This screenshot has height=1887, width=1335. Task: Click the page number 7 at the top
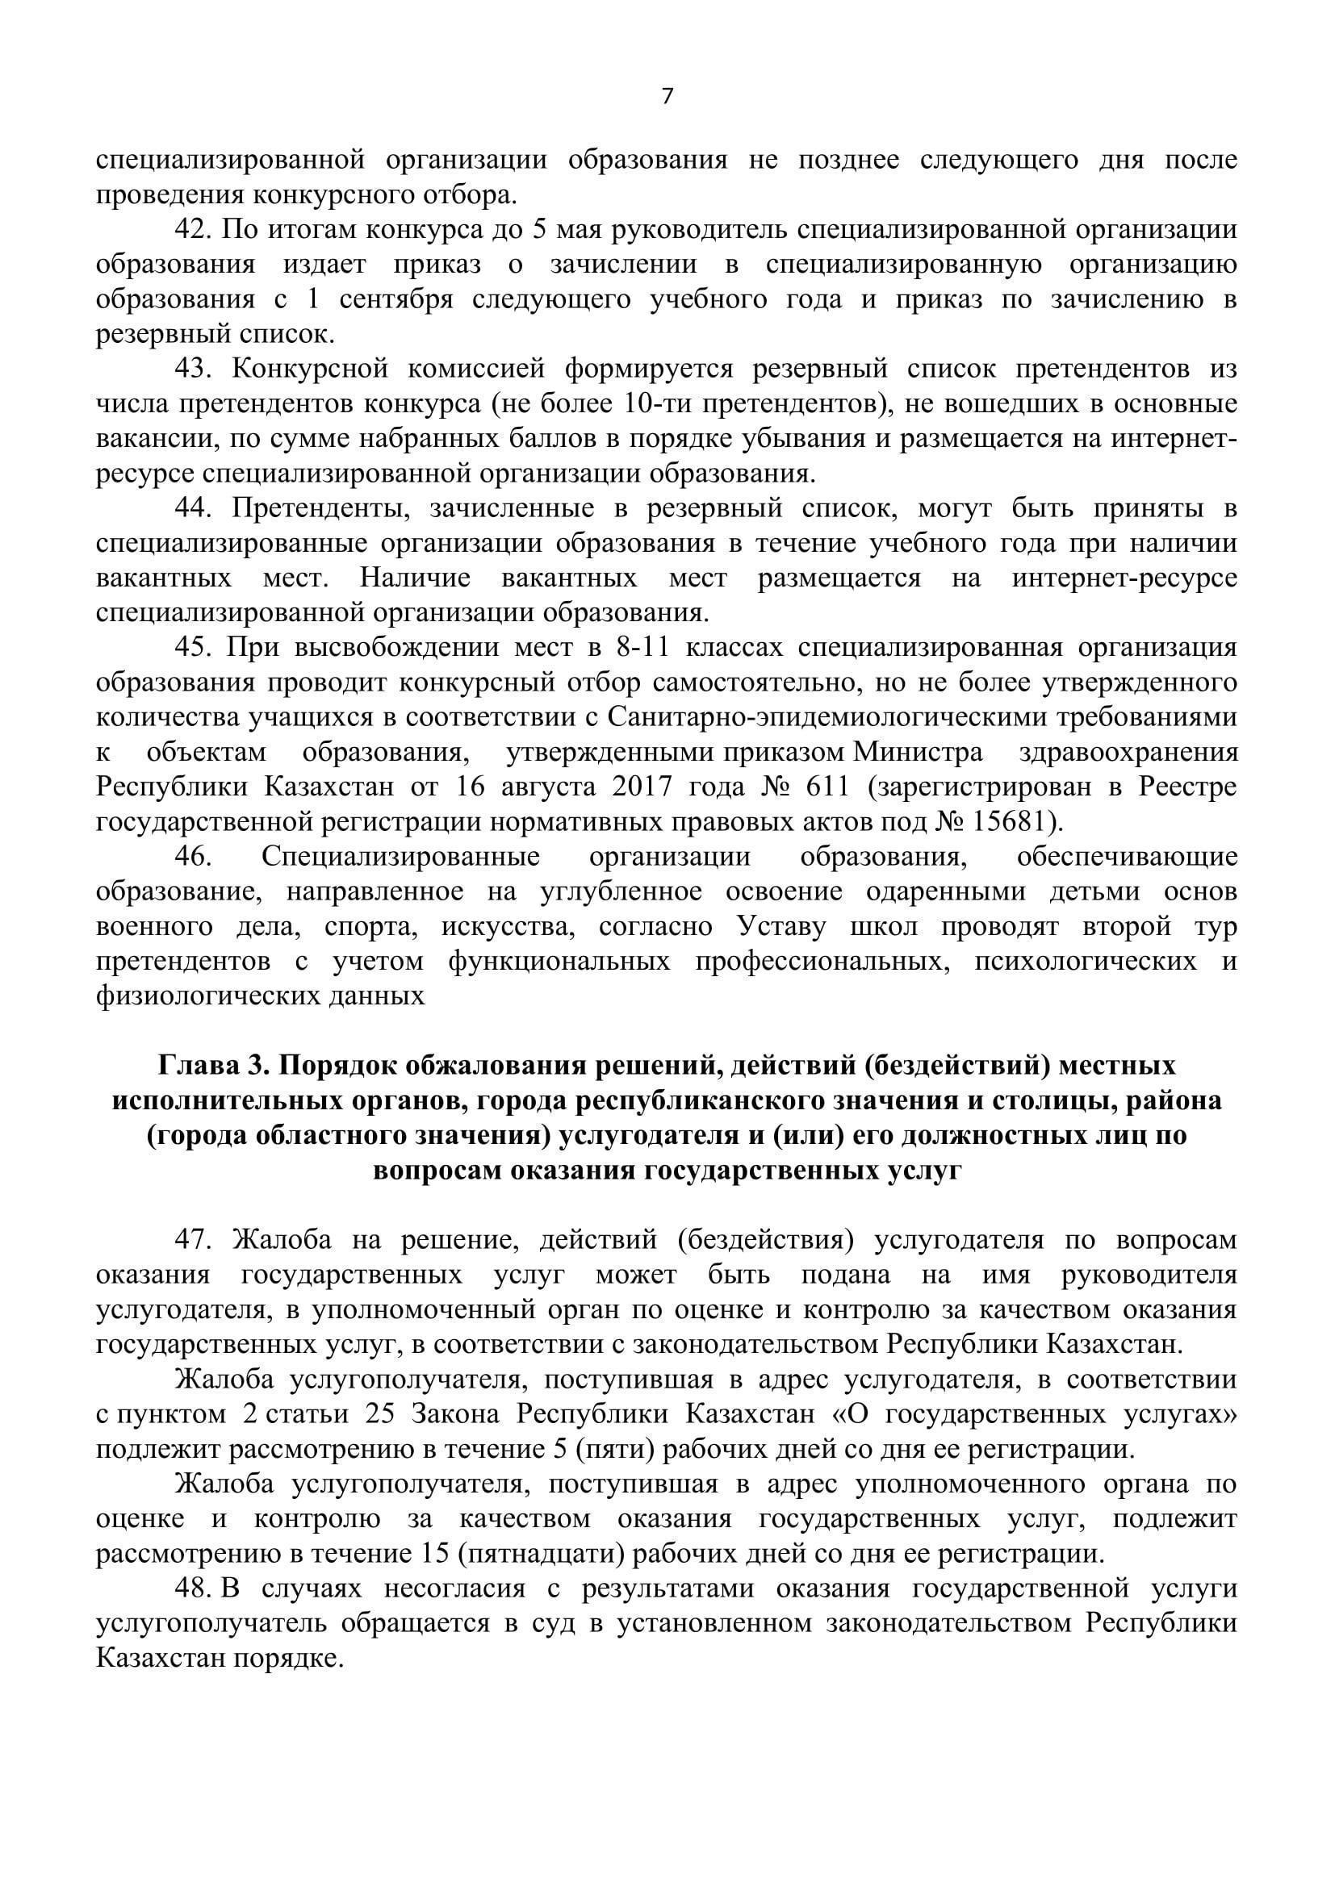667,98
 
